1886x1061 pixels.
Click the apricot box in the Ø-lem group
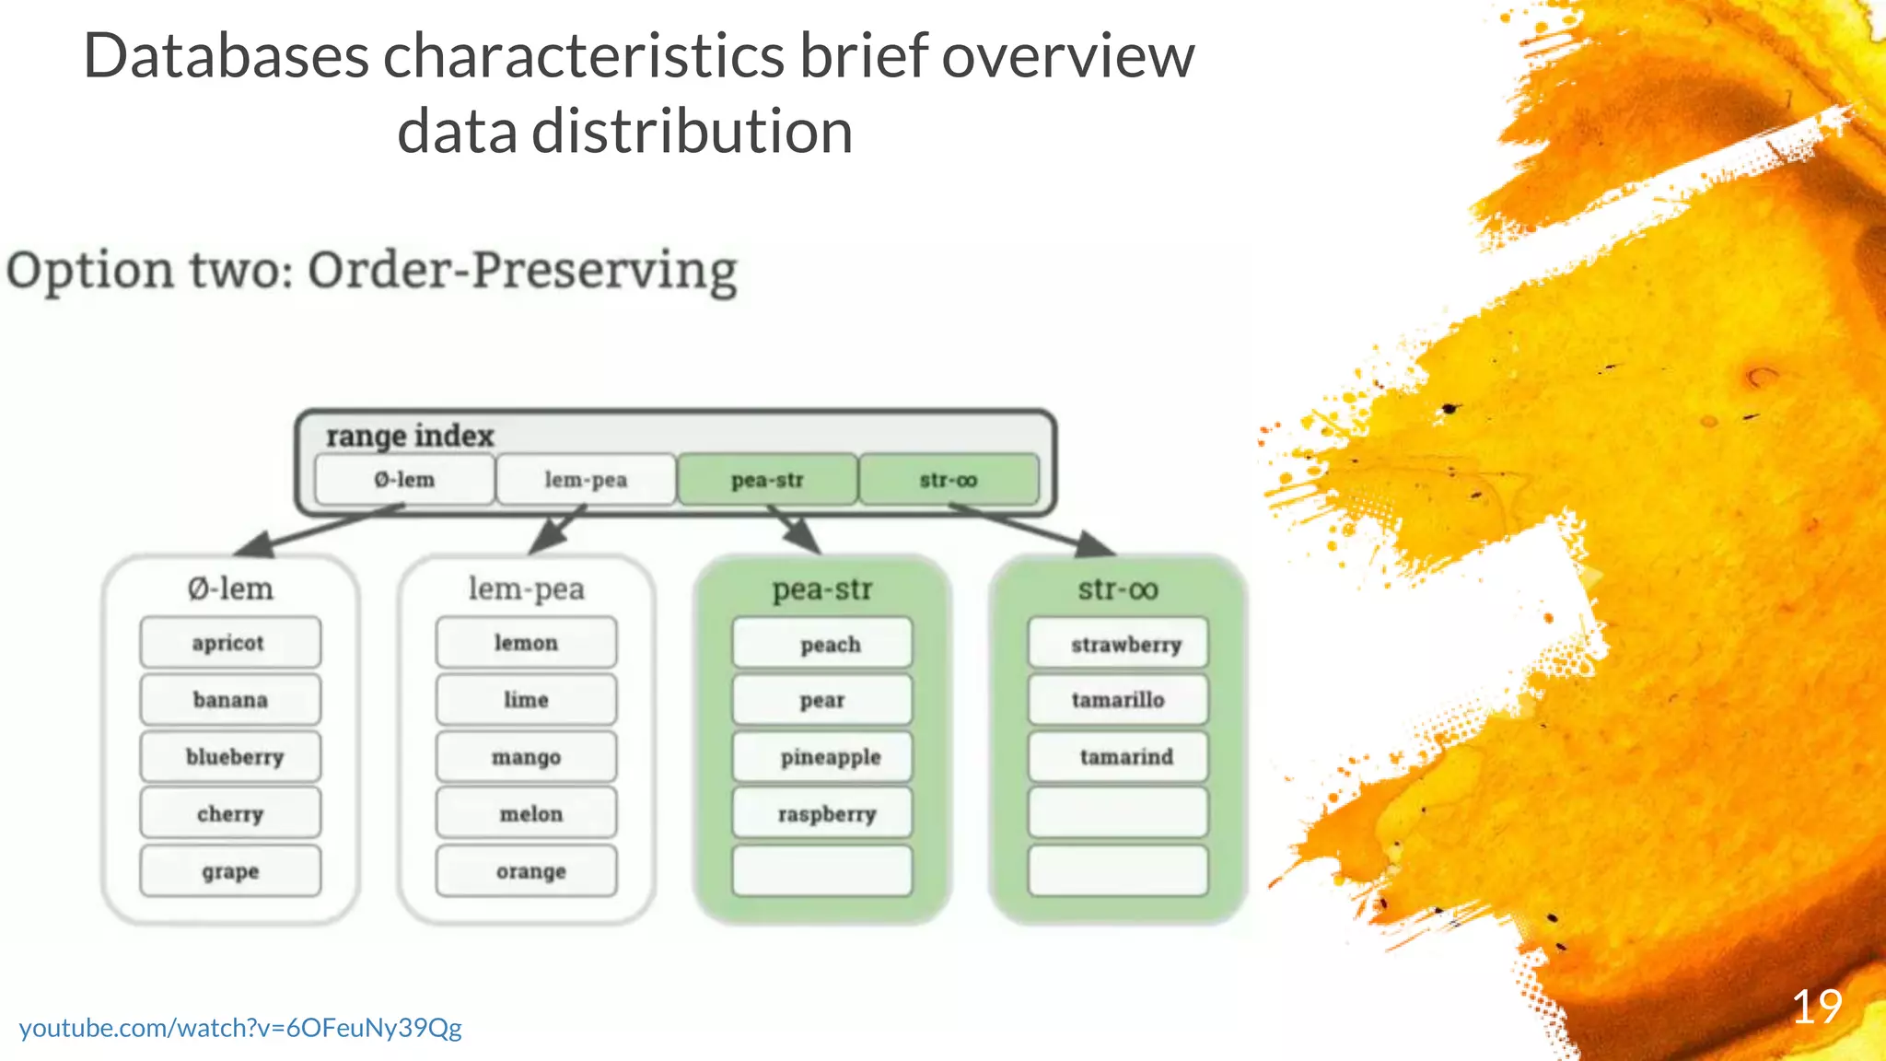[230, 643]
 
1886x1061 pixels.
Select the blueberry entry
[230, 757]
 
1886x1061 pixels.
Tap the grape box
[230, 871]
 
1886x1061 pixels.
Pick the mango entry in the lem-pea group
[526, 757]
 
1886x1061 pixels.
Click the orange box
[526, 871]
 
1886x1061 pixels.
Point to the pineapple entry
[822, 757]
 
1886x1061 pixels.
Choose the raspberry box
[822, 814]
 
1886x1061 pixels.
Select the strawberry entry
[1118, 644]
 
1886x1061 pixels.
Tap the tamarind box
[1118, 757]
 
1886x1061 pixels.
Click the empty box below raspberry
[822, 871]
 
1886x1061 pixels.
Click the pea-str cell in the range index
[767, 480]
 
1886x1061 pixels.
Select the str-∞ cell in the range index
[949, 480]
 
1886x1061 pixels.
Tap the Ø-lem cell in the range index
[404, 480]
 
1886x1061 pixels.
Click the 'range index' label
[410, 436]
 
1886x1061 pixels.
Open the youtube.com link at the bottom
[240, 1028]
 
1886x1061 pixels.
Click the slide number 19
[1816, 1007]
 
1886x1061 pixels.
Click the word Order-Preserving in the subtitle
[522, 272]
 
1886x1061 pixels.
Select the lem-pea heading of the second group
[526, 589]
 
